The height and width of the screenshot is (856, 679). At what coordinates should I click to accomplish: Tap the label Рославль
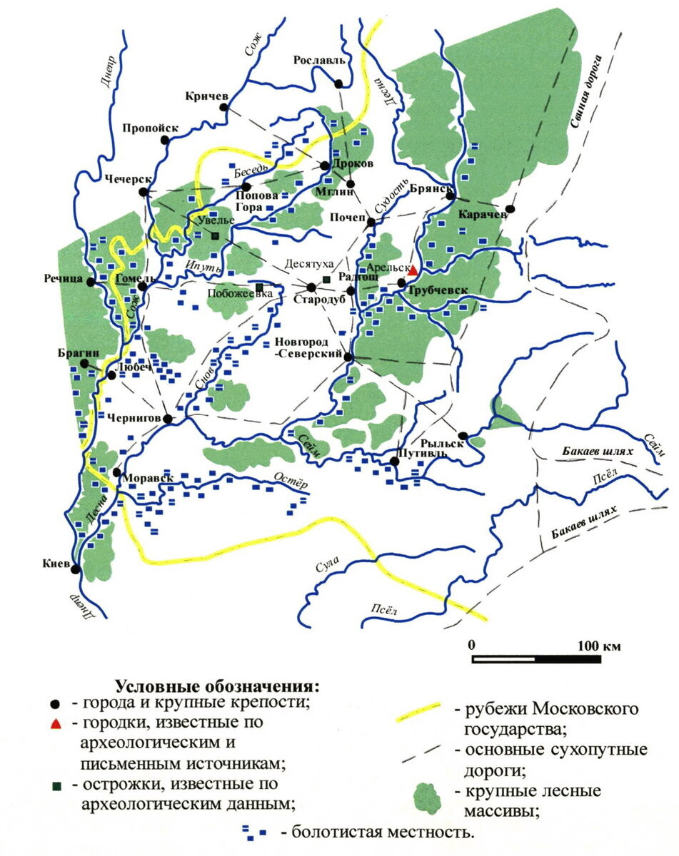[x=319, y=61]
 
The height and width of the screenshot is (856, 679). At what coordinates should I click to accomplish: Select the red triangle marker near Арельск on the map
[x=412, y=269]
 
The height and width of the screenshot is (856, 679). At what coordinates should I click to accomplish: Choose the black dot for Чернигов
[x=168, y=419]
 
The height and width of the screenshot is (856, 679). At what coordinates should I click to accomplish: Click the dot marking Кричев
[x=223, y=108]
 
